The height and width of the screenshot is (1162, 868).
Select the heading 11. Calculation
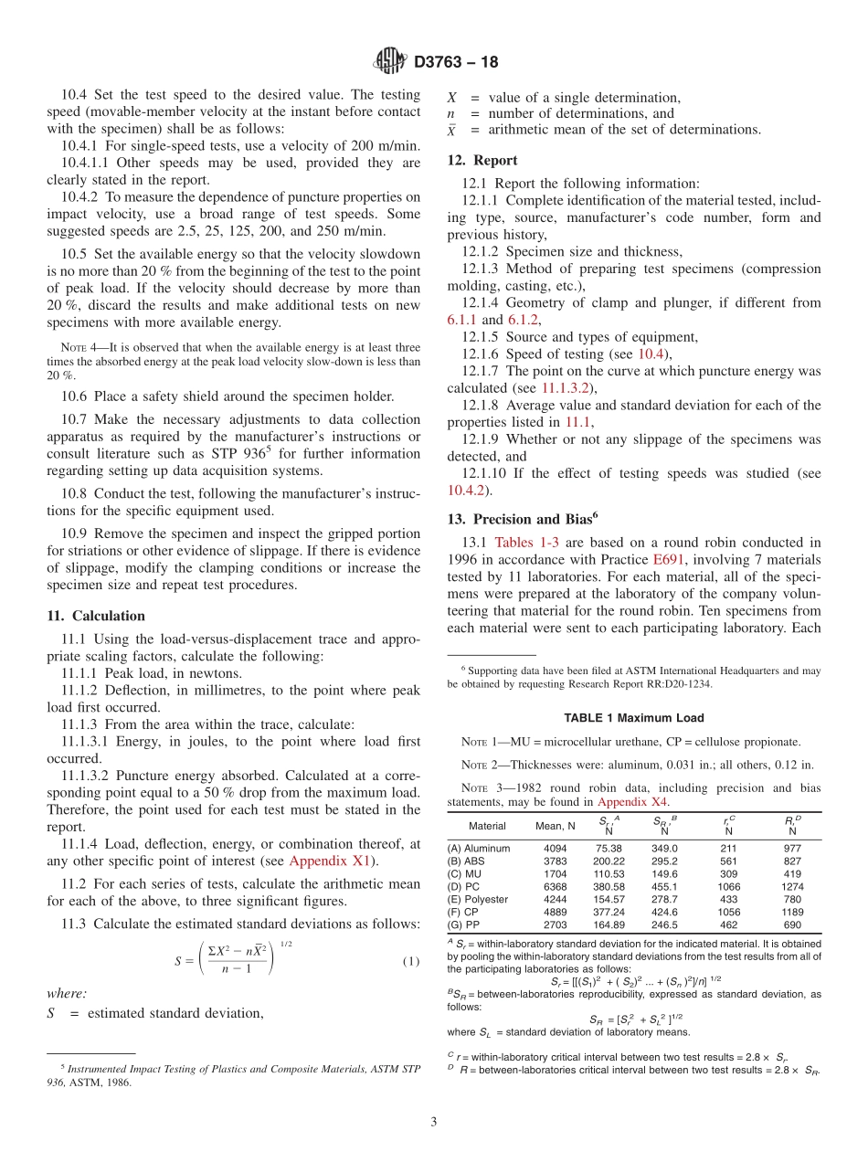(95, 616)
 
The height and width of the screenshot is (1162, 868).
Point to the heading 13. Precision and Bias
(522, 519)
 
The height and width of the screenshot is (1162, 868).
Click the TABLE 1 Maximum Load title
(633, 718)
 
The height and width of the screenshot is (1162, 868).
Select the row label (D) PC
(463, 886)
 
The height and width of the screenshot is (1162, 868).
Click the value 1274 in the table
(792, 886)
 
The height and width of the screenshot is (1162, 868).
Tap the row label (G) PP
(463, 924)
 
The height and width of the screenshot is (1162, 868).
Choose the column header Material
(487, 826)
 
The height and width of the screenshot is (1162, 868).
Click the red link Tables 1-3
(526, 542)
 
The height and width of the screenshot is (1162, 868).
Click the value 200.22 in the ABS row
(609, 861)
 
